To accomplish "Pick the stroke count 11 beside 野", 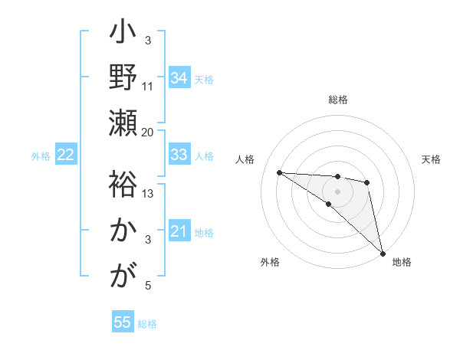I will (148, 87).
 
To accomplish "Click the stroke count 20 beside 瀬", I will (148, 132).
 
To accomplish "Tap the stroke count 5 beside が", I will (148, 286).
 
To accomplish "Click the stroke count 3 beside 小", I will (148, 39).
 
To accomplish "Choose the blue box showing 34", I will (179, 78).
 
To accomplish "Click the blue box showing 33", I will (179, 155).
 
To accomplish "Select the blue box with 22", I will (66, 155).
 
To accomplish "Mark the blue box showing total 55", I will (123, 322).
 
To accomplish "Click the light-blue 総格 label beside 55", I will (147, 324).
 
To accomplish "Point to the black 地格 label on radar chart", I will (402, 262).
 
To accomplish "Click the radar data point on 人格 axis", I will (279, 172).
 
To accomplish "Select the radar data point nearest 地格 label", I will (382, 252).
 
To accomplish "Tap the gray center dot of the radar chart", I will (337, 190).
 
